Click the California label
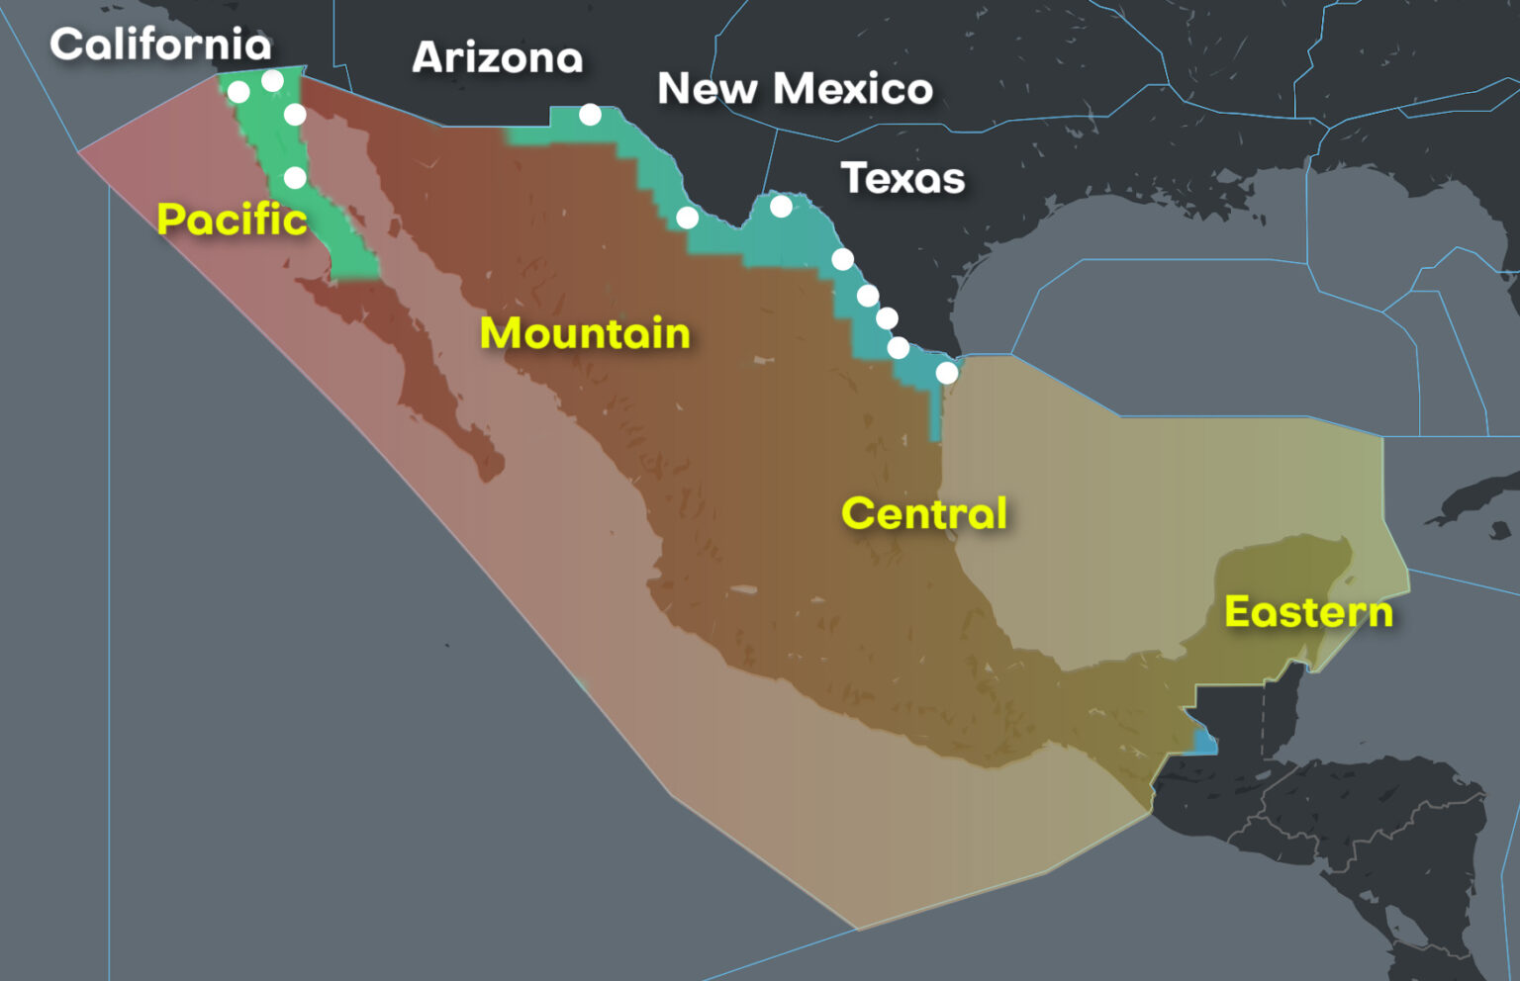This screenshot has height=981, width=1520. point(160,45)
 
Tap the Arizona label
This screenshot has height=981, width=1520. point(497,57)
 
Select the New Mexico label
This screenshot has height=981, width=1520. point(795,89)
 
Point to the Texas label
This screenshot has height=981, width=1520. point(902,179)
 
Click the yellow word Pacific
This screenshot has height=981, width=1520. point(232,219)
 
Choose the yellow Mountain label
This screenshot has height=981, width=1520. point(585,333)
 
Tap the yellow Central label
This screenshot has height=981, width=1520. point(924,513)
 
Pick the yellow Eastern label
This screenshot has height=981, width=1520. point(1308,612)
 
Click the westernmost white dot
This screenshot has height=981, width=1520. point(238,92)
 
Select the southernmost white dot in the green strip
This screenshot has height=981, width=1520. point(295,178)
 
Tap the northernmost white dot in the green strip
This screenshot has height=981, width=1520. point(272,80)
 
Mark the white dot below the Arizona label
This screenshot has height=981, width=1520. point(590,115)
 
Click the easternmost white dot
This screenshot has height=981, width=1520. point(947,373)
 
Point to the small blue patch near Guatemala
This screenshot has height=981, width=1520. point(1204,743)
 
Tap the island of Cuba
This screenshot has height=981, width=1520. point(1474,499)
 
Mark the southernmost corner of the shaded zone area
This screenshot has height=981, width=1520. point(857,929)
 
